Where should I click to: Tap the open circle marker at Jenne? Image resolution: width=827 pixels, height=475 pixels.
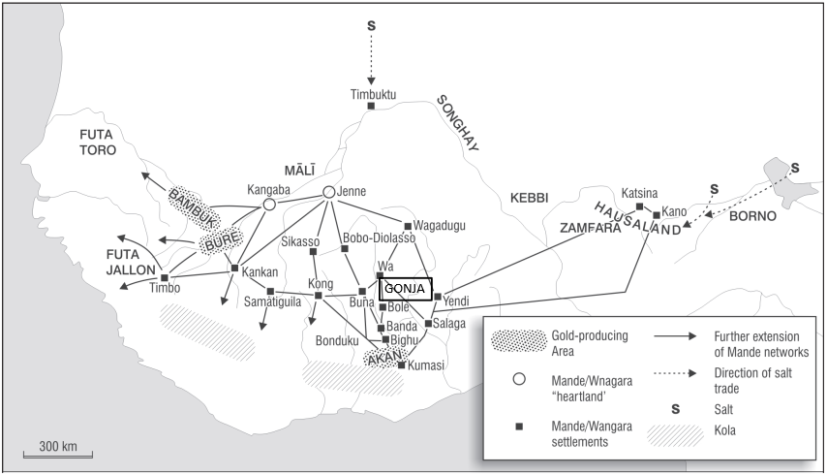pos(328,192)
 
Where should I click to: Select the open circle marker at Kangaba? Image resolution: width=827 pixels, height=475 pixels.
pos(269,205)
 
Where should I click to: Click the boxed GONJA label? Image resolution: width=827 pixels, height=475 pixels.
pos(405,288)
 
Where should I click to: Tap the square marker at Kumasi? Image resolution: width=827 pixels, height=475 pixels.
pos(401,364)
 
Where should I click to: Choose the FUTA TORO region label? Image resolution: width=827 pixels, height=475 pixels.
pos(98,142)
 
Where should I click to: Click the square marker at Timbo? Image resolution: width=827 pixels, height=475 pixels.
pos(164,278)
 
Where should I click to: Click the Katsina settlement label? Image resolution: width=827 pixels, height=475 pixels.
pos(640,192)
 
